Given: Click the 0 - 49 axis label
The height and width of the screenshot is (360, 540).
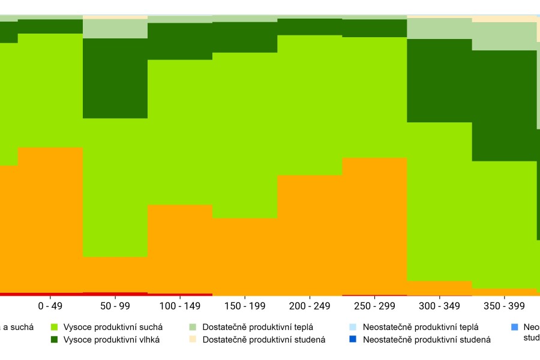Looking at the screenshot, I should tap(50, 306).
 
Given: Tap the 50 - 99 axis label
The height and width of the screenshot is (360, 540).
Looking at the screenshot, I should tap(115, 306).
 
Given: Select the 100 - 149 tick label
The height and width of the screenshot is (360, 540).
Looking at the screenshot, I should tap(180, 306).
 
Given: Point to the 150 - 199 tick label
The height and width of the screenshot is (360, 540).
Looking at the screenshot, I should tap(245, 306).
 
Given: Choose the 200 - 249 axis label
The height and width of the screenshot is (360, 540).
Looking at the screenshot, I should tap(310, 306).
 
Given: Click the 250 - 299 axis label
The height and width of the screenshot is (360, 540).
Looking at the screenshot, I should tap(374, 306).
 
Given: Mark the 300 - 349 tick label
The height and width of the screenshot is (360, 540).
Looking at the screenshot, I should tap(439, 306).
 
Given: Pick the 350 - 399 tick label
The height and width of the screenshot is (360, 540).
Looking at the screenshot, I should tap(504, 306).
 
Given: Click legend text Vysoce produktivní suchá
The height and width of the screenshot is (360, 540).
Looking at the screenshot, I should tap(113, 327).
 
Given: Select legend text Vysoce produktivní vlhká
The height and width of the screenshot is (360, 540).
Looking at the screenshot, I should tap(112, 340).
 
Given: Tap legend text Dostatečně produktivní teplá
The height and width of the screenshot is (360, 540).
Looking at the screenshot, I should tap(258, 327).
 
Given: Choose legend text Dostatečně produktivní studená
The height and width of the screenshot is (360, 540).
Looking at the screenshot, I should tap(264, 340).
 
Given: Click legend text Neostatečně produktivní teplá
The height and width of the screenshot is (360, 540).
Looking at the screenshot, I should tap(421, 327).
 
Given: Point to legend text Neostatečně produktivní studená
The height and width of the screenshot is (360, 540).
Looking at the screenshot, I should tap(427, 340).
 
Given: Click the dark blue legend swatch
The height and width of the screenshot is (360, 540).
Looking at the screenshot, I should tap(353, 340).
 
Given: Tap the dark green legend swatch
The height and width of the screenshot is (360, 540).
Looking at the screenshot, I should tap(54, 340).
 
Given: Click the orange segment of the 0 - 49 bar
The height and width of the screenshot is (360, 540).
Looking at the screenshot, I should tap(50, 220).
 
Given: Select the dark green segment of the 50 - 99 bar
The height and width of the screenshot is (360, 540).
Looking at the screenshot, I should tap(115, 78).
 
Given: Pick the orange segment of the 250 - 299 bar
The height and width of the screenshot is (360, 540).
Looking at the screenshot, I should tap(374, 226).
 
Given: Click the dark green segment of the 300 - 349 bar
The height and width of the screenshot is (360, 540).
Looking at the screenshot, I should tap(439, 80).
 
